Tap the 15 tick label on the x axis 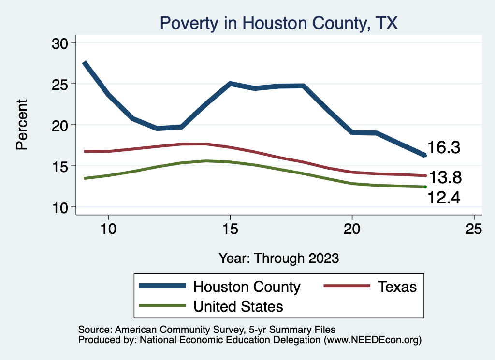[x=230, y=229]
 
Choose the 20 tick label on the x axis [x=352, y=229]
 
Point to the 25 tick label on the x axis [x=474, y=229]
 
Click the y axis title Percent [x=22, y=125]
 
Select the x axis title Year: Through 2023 [x=278, y=258]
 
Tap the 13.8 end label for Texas [x=445, y=178]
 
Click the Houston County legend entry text [x=247, y=287]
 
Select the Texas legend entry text [x=397, y=287]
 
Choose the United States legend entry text [x=238, y=306]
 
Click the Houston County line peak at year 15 [x=230, y=84]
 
